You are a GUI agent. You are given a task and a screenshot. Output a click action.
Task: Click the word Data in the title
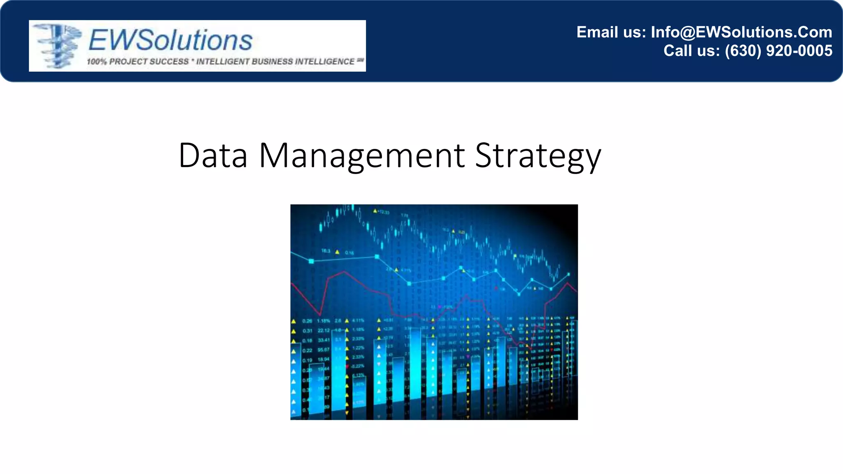[x=213, y=156]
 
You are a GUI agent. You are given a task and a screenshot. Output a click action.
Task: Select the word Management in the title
[x=362, y=156]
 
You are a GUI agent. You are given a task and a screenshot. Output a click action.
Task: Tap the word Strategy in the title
[x=538, y=156]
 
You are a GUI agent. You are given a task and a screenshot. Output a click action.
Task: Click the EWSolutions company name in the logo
[x=170, y=40]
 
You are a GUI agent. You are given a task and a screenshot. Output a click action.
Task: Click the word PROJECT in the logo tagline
[x=128, y=62]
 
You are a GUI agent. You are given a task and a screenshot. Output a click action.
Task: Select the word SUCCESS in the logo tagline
[x=169, y=62]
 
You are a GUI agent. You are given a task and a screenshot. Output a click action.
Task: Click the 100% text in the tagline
[x=96, y=62]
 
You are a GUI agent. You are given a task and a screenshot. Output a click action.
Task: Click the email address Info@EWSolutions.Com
[x=741, y=32]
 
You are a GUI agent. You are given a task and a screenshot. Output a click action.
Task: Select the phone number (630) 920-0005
[x=778, y=51]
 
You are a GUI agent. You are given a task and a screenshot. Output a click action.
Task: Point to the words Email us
[x=611, y=32]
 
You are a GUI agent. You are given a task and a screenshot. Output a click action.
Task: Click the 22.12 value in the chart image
[x=324, y=330]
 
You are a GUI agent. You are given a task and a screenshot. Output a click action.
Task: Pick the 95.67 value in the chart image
[x=324, y=350]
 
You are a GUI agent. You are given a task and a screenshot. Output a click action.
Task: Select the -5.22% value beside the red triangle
[x=358, y=366]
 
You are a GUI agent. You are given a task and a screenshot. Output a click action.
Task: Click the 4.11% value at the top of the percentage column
[x=358, y=321]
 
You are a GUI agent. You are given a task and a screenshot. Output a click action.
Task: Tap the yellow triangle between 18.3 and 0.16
[x=337, y=252]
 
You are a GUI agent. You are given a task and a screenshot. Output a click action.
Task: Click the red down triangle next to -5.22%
[x=347, y=366]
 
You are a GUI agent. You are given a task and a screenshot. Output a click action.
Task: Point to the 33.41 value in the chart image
[x=324, y=340]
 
